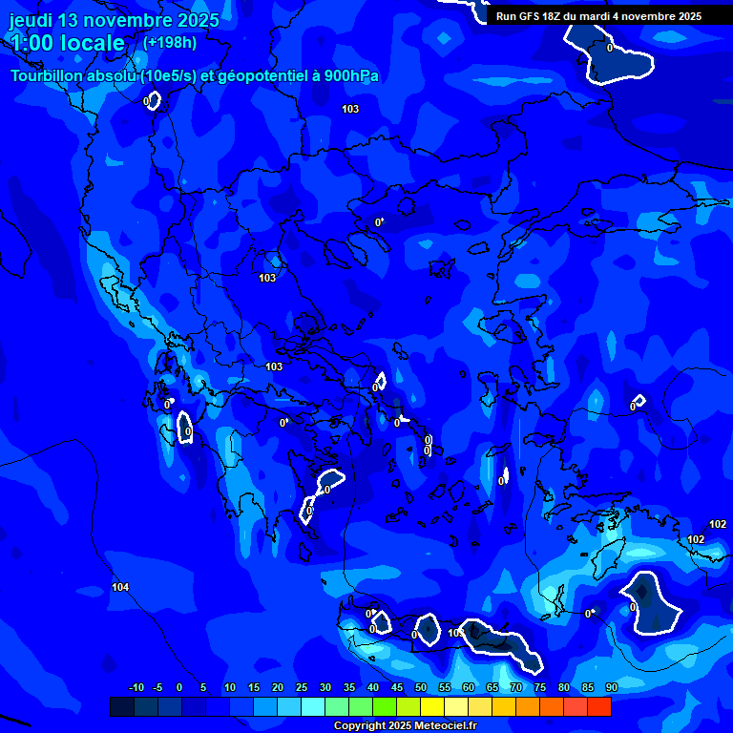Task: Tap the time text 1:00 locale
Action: [67, 43]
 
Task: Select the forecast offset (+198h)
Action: [170, 43]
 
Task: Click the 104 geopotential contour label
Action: [120, 587]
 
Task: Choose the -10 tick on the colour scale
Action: [136, 687]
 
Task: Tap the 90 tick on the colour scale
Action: [611, 687]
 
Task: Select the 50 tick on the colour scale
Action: [421, 687]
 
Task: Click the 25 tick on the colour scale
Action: [301, 687]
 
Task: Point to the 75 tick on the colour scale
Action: [540, 687]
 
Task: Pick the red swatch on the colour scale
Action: [598, 706]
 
